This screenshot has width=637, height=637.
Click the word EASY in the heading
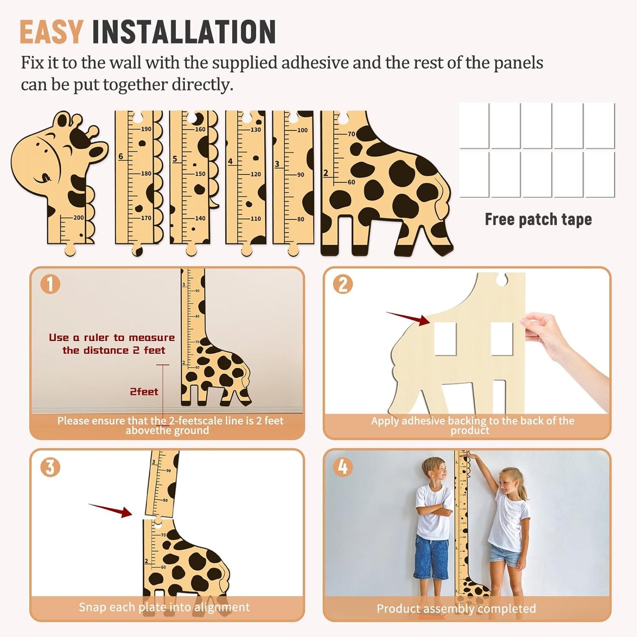click(x=51, y=32)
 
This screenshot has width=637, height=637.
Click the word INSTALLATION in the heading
click(x=184, y=32)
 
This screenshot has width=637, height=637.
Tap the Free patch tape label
click(x=538, y=219)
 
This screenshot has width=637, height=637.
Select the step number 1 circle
click(x=50, y=284)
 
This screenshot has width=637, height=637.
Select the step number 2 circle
click(x=343, y=284)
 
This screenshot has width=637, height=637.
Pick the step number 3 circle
click(x=50, y=467)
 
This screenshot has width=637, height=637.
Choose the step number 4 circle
click(x=343, y=467)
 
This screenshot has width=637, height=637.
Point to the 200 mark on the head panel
click(x=78, y=217)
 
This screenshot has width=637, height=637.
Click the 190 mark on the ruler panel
click(x=146, y=129)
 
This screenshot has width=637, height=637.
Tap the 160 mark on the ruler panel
click(x=200, y=129)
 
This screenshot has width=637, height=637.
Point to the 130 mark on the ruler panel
click(x=256, y=130)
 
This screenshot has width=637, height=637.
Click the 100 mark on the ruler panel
click(x=302, y=130)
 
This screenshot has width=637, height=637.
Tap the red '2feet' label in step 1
click(x=144, y=391)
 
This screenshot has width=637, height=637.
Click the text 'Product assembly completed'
click(x=456, y=609)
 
